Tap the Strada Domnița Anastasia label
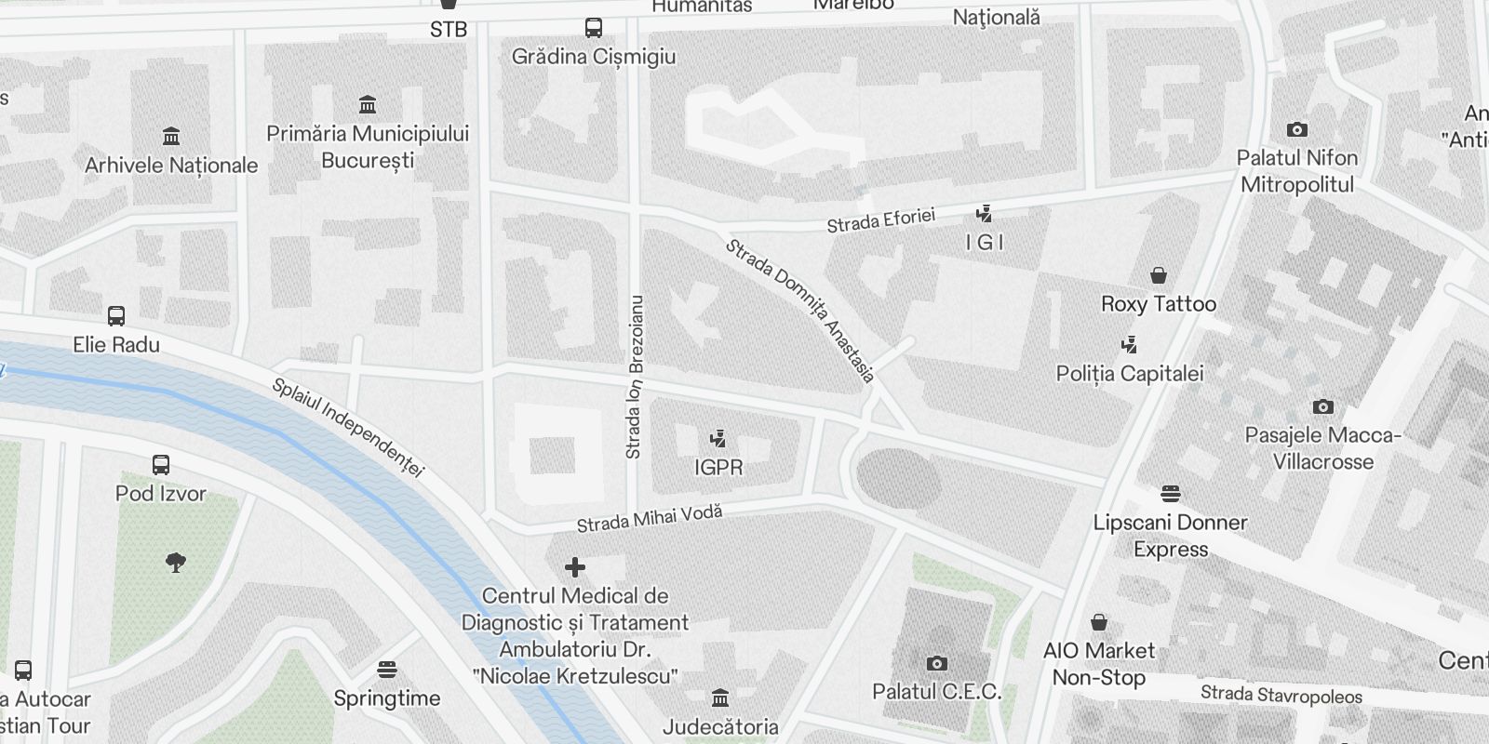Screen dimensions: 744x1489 click(x=800, y=311)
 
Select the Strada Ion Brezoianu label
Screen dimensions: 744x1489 click(x=636, y=377)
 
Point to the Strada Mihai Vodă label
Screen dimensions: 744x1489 click(x=650, y=518)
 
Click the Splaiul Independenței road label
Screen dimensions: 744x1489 click(x=348, y=427)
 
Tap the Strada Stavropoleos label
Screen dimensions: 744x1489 click(x=1281, y=694)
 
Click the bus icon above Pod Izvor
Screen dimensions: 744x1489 click(x=161, y=464)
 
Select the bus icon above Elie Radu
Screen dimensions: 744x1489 click(x=116, y=315)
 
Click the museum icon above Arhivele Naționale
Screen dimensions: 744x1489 click(x=171, y=137)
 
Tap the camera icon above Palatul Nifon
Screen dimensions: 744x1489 click(x=1296, y=129)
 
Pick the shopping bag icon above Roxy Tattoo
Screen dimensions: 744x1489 click(x=1159, y=275)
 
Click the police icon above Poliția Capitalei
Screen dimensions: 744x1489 click(x=1130, y=345)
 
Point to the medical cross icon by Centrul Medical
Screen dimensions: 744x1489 click(x=575, y=566)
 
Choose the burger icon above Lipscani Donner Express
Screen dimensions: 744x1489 click(x=1171, y=494)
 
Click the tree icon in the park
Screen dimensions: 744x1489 click(x=175, y=562)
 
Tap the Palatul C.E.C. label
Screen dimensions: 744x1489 click(x=936, y=692)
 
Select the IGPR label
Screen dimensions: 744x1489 click(x=718, y=467)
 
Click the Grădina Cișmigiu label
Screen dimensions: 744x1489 click(x=594, y=57)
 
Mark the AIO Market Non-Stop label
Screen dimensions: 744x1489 click(x=1099, y=664)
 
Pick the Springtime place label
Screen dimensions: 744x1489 click(x=387, y=698)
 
